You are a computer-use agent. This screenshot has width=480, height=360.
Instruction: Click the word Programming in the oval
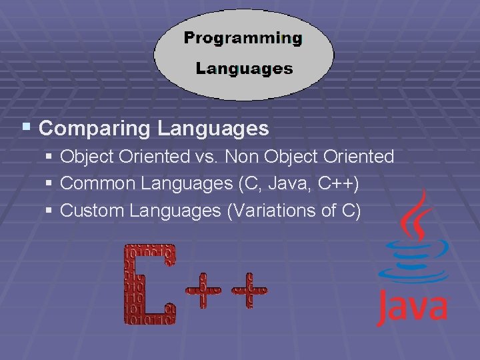pos(243,38)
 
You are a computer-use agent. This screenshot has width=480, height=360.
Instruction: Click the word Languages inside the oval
pos(244,68)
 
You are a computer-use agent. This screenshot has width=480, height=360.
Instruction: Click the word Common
pos(97,184)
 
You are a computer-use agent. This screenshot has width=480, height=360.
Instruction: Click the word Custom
pos(93,211)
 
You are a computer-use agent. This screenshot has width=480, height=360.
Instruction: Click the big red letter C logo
pos(149,284)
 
